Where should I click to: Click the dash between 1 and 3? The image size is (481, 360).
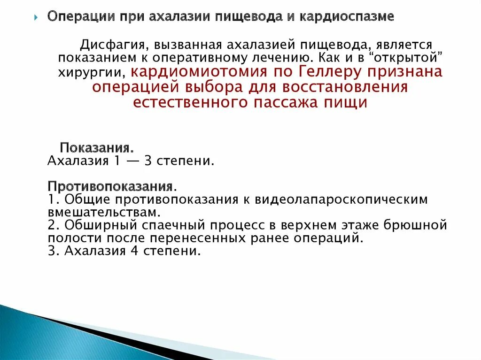[x=135, y=161]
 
